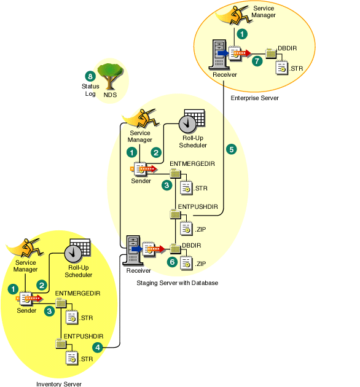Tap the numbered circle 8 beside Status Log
(x=90, y=76)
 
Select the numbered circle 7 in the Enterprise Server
(x=257, y=61)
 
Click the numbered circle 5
(x=231, y=149)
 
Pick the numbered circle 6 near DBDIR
(x=172, y=261)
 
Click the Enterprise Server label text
(x=254, y=98)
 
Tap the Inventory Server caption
(x=58, y=383)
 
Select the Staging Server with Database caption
(x=178, y=283)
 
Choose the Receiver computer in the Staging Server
(x=133, y=249)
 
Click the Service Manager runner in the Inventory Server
(x=24, y=248)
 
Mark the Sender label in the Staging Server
(x=141, y=181)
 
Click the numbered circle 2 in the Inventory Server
(x=42, y=285)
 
